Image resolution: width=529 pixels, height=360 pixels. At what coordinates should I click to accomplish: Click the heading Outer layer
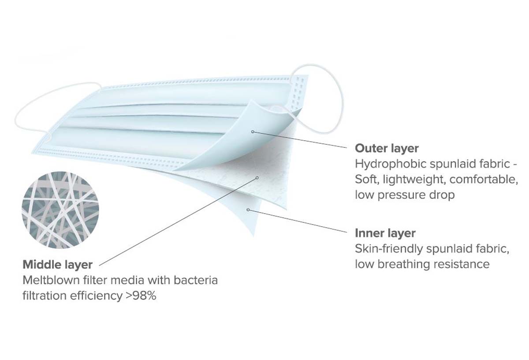[x=387, y=148]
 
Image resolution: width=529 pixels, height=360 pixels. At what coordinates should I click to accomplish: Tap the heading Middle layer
[x=57, y=265]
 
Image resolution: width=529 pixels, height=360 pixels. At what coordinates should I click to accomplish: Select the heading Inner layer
[x=385, y=233]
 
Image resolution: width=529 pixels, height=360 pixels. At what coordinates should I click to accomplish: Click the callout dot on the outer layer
[x=253, y=131]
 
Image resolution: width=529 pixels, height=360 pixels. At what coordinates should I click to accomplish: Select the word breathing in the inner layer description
[x=408, y=264]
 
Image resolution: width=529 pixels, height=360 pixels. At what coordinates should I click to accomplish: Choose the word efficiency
[x=97, y=296]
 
